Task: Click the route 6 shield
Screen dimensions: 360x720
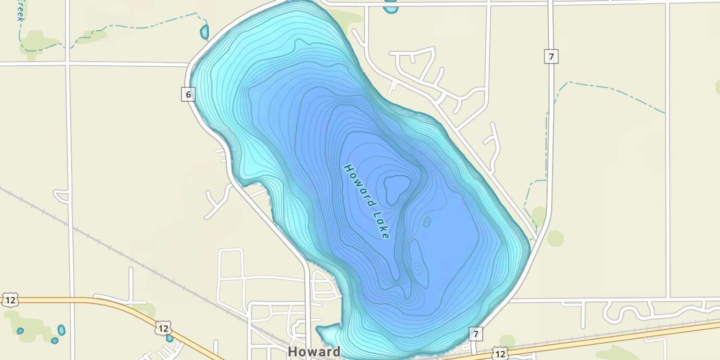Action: [188, 95]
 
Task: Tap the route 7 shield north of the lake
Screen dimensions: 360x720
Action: [551, 57]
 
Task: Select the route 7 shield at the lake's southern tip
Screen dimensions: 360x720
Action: [476, 334]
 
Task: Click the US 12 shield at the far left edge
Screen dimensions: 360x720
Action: [9, 300]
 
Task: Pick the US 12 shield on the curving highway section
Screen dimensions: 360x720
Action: [163, 329]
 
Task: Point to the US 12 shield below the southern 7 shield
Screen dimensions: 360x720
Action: [500, 354]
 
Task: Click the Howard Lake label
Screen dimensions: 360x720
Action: [367, 202]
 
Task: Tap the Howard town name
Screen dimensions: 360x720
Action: [314, 352]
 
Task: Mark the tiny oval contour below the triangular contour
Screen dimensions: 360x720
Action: [427, 221]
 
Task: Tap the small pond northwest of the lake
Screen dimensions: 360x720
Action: [204, 32]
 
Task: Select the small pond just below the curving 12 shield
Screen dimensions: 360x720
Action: [169, 338]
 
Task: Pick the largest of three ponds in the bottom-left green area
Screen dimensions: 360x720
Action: [61, 330]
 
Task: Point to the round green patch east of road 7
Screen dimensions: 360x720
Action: [555, 238]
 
